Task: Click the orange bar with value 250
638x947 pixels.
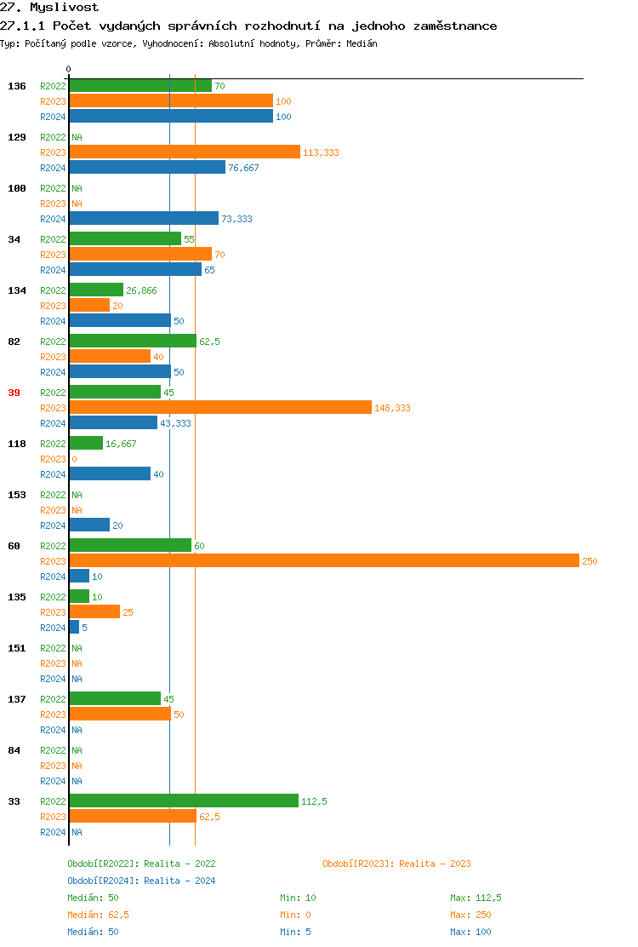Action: pos(323,560)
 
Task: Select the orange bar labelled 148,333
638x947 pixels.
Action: pos(220,407)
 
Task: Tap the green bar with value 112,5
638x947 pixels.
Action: pos(184,801)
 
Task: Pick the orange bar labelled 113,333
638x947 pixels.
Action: pos(185,152)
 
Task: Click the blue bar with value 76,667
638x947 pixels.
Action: pos(147,167)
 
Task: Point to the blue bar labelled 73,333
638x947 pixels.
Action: pos(144,218)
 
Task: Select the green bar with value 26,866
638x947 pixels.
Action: pos(96,290)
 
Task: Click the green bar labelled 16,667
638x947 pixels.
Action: pos(86,443)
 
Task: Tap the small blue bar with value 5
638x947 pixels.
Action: pos(74,627)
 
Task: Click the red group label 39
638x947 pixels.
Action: pos(14,393)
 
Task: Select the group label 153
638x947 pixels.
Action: pos(17,495)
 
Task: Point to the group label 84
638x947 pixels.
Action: pos(14,750)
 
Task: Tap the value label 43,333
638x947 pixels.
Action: pos(175,423)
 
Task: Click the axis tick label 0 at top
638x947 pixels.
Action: pos(69,69)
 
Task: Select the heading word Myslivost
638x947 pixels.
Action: pos(64,8)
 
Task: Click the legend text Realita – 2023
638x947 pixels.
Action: pos(435,864)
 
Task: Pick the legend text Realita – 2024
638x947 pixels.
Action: pos(179,881)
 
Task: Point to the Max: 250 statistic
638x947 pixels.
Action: pos(470,915)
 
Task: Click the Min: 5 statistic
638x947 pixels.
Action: pos(295,932)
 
